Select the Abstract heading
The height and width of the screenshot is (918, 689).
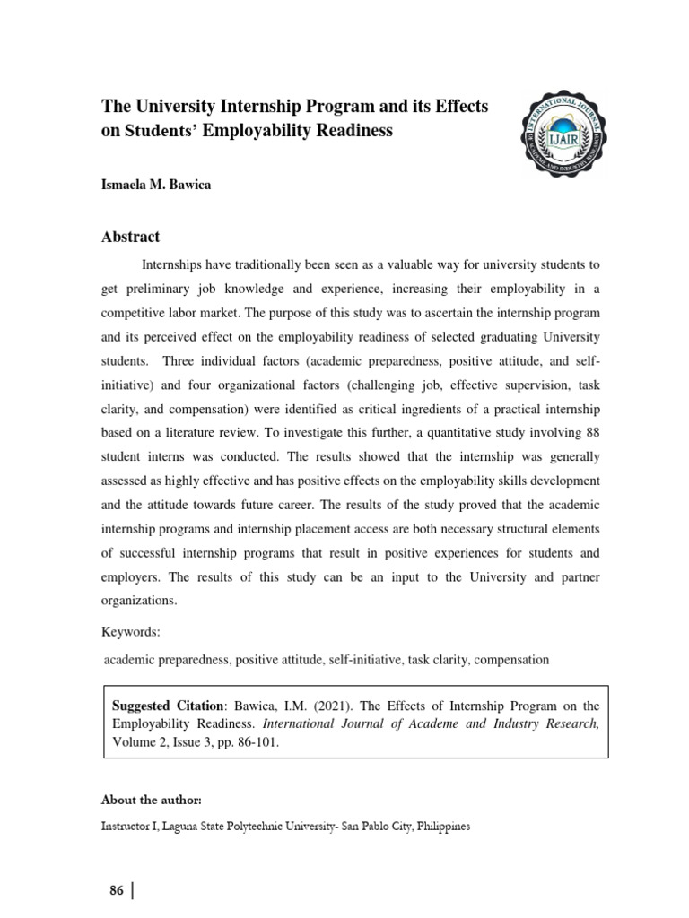click(131, 237)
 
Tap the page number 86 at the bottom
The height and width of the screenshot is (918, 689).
click(116, 890)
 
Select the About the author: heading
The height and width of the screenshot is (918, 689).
click(152, 799)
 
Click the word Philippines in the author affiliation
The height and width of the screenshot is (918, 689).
click(437, 826)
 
